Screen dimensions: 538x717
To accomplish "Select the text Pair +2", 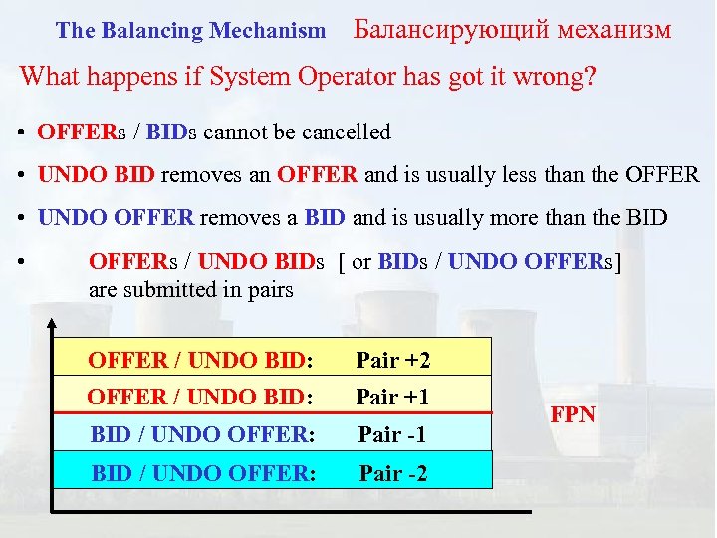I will click(x=393, y=360).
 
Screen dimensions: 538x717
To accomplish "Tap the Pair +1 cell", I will click(x=392, y=397).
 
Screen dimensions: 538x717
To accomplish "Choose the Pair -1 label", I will click(x=392, y=434).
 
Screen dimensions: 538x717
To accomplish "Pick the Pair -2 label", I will click(x=393, y=473).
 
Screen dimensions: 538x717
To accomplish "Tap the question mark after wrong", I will click(x=591, y=77).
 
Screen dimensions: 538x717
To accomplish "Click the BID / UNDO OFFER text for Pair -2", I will click(x=203, y=473).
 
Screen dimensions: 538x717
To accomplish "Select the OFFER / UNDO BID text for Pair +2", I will click(x=200, y=360).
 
